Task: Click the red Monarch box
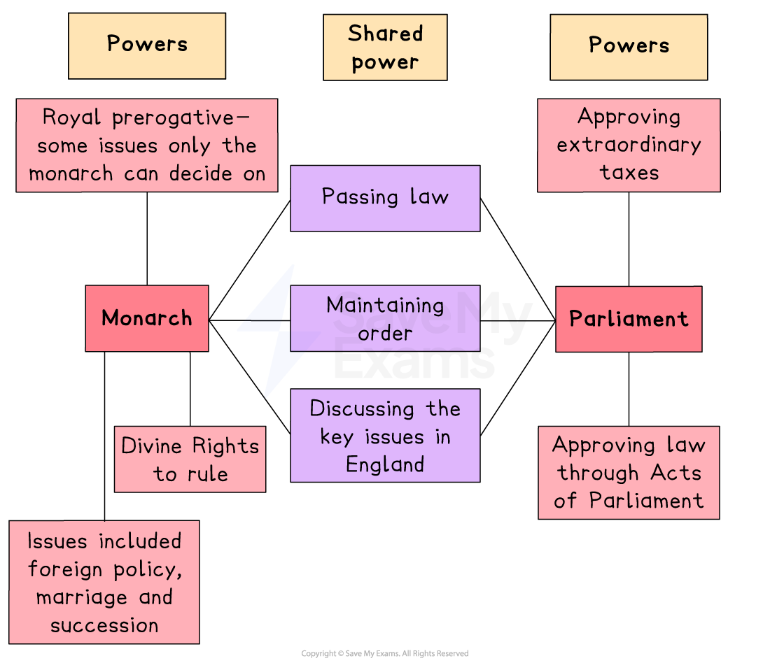147,318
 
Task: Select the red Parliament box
629,319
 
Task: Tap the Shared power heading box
385,48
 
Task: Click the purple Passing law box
385,198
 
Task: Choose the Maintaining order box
385,318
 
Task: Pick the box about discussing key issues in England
385,436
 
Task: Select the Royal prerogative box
147,145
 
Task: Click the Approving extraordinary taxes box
629,145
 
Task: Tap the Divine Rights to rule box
190,459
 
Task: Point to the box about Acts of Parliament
629,473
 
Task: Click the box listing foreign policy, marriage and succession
104,582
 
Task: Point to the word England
385,464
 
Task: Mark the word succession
104,625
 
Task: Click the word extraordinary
629,145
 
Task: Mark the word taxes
629,173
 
